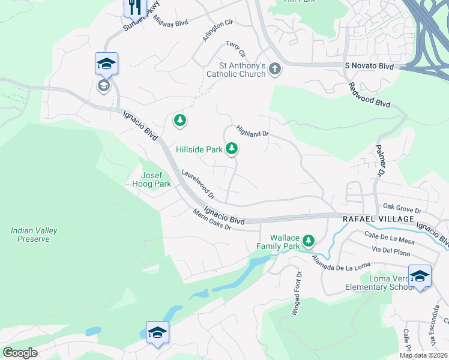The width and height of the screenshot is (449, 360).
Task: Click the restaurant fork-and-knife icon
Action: tap(135, 7)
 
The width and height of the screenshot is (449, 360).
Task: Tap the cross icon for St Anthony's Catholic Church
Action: tap(275, 68)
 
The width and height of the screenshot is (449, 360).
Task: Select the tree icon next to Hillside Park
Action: tap(232, 149)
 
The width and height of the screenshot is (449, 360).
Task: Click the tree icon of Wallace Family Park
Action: tap(309, 241)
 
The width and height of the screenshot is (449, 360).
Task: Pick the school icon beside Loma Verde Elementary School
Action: tap(420, 276)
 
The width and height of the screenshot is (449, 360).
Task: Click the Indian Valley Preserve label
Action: tap(30, 235)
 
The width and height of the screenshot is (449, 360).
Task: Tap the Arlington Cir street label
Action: tap(217, 31)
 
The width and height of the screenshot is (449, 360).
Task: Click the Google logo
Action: tap(20, 353)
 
